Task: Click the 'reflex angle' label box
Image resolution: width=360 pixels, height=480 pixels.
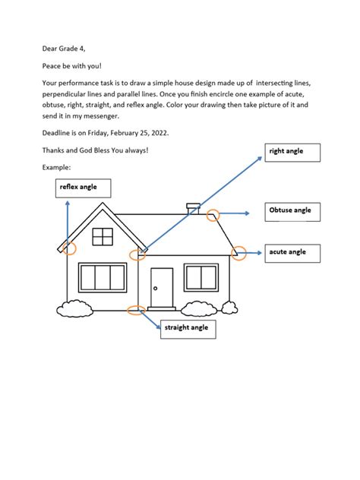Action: click(x=84, y=188)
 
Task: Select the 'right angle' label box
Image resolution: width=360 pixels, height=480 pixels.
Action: click(x=292, y=153)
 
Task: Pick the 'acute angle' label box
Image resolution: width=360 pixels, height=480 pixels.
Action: click(x=292, y=253)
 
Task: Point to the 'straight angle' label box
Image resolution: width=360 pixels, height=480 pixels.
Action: click(x=188, y=329)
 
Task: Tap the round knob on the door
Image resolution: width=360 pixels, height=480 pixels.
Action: click(x=154, y=289)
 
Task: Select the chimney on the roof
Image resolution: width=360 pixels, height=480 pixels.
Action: click(x=194, y=207)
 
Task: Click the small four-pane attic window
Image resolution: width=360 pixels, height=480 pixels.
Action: click(x=103, y=237)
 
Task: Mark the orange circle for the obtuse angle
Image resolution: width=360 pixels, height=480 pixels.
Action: click(x=213, y=215)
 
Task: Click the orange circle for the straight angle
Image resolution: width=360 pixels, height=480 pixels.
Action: click(x=136, y=309)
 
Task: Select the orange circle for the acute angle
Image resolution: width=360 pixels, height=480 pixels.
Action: click(x=239, y=254)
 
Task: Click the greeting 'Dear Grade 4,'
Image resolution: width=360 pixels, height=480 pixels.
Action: click(x=65, y=48)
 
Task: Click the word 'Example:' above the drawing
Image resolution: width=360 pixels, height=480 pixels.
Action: click(x=58, y=166)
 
